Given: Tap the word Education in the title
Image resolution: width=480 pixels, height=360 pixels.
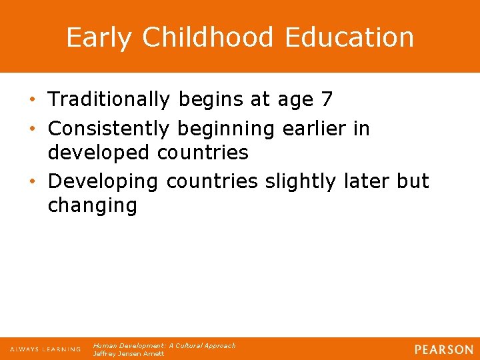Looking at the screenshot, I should click(349, 38).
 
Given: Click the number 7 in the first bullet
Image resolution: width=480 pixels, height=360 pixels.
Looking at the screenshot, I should click(327, 100).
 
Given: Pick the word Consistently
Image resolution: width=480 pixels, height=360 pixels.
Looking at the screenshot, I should click(110, 127).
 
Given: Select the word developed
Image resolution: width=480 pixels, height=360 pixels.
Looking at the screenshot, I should click(99, 153).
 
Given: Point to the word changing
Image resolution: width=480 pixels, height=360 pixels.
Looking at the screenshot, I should click(92, 205).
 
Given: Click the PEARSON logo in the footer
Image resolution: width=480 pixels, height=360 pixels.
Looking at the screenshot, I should click(443, 349).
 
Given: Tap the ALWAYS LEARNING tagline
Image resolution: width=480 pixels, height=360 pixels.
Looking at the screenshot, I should click(45, 349).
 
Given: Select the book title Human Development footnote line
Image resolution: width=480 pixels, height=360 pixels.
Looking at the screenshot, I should click(164, 346).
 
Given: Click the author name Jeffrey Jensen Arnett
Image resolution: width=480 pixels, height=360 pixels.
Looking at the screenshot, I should click(128, 353).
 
